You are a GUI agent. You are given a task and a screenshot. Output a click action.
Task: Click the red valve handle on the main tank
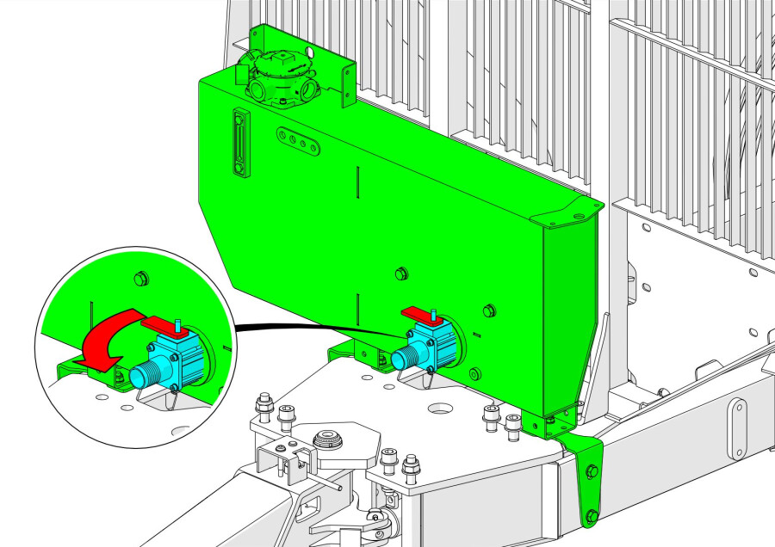click(x=422, y=312)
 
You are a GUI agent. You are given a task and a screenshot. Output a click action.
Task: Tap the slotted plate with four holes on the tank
click(x=300, y=142)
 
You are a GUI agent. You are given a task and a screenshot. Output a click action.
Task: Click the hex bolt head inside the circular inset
click(x=138, y=278)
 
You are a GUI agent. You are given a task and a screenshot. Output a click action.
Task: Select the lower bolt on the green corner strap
click(x=591, y=516)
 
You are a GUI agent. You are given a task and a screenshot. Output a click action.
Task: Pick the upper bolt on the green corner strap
click(x=592, y=470)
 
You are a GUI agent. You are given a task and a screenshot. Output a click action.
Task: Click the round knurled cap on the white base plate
click(x=326, y=439)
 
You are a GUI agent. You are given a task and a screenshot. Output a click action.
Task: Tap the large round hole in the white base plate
click(x=441, y=404)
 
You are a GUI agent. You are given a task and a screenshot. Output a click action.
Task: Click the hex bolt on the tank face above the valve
click(x=400, y=273)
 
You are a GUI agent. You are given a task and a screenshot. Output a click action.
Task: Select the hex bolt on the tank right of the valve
click(x=490, y=310)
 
